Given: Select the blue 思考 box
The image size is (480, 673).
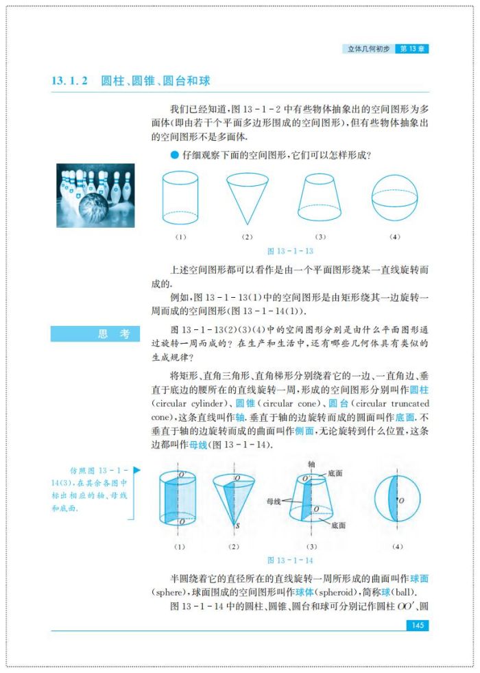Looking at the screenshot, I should point(95,334).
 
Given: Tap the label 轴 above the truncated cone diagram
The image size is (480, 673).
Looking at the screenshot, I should point(311,464).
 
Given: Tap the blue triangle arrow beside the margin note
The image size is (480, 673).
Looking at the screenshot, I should point(136,470).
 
